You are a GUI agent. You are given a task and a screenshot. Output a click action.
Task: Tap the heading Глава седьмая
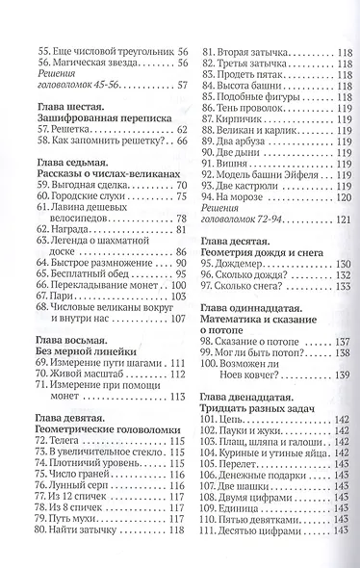pyautogui.click(x=75, y=163)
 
